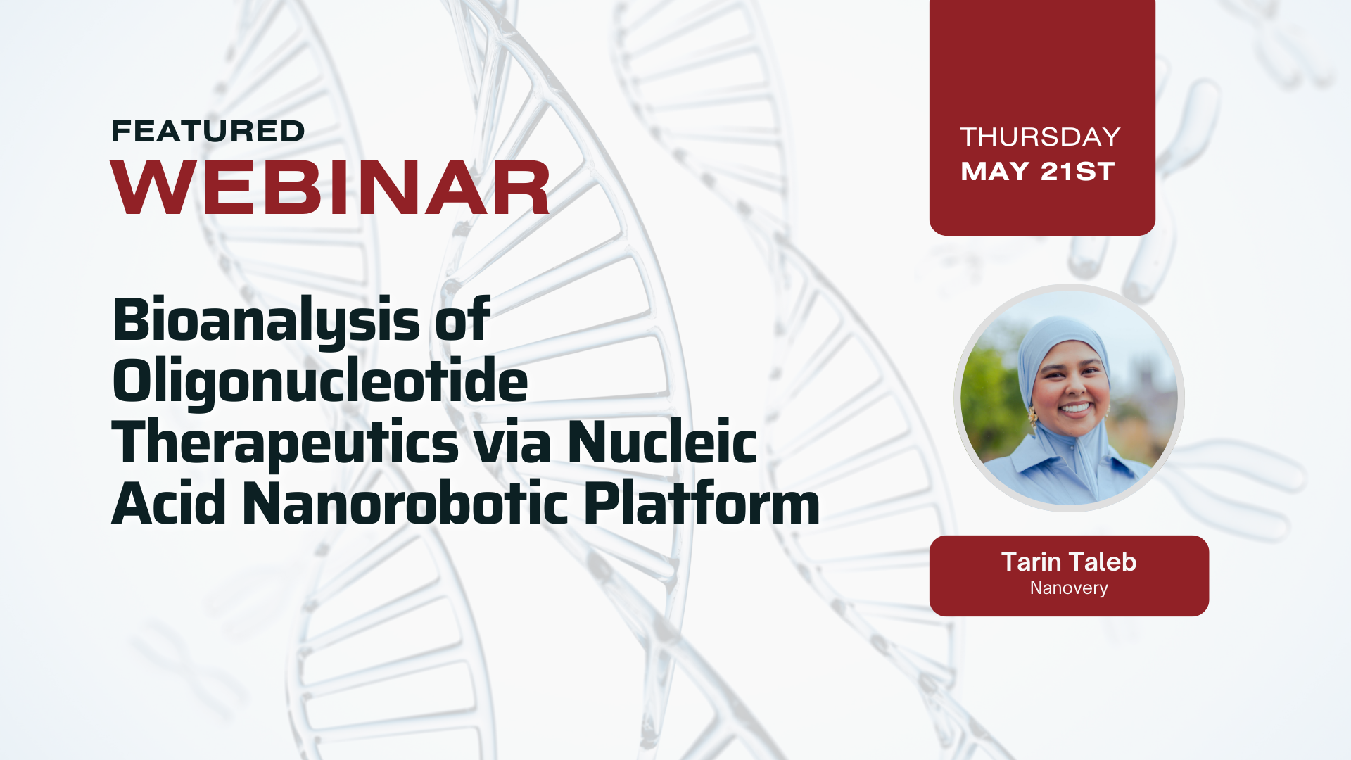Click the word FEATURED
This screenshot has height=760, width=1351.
click(208, 132)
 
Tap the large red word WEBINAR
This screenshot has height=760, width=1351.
click(331, 188)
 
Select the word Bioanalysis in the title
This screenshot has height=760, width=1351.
click(267, 321)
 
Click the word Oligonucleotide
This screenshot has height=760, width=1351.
click(320, 381)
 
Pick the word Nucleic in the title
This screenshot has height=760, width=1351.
click(662, 442)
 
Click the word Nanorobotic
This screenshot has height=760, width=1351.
click(405, 503)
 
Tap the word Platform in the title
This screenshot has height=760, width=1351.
click(702, 503)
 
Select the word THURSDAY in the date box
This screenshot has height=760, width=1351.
click(1040, 137)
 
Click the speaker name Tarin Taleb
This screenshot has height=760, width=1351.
click(1069, 562)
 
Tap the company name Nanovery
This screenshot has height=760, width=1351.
click(1069, 588)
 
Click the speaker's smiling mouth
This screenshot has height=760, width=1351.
click(1076, 408)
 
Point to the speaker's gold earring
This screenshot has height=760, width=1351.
click(1033, 418)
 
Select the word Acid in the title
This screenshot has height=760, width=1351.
click(169, 503)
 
